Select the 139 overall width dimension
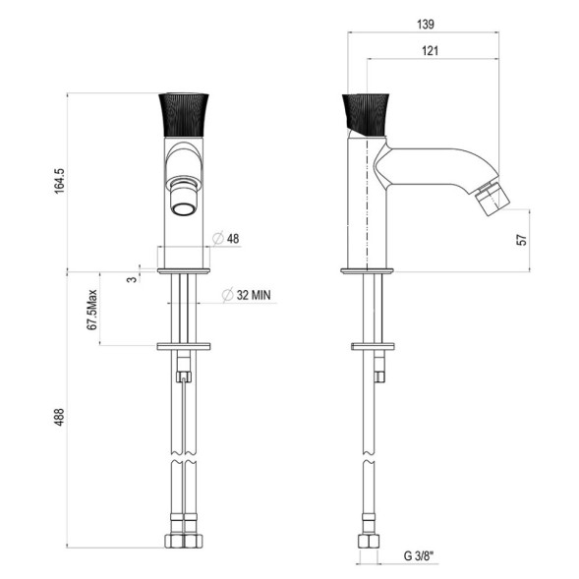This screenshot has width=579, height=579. tap(426, 24)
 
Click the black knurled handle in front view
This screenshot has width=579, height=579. tap(183, 116)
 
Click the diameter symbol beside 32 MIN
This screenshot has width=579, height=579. tap(226, 294)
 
